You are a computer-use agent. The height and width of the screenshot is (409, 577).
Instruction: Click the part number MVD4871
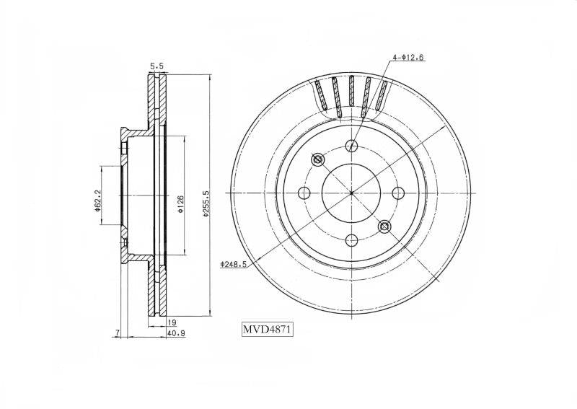coord(267,329)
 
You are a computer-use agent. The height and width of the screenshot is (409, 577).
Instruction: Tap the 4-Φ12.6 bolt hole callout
coord(408,57)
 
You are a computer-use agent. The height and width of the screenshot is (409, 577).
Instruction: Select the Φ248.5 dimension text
coord(233,264)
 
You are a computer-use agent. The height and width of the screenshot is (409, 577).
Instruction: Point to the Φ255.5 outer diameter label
coord(206,203)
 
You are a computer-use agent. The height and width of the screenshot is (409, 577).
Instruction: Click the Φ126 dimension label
coord(180,205)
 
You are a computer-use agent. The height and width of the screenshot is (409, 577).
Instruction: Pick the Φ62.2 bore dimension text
coord(97,201)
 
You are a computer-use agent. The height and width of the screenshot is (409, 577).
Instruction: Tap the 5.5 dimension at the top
coord(157,66)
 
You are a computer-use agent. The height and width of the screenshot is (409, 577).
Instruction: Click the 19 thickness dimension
coord(172,322)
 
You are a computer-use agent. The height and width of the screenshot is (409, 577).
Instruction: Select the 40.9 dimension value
coord(176,333)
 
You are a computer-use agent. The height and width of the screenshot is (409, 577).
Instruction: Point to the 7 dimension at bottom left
coord(117,333)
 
